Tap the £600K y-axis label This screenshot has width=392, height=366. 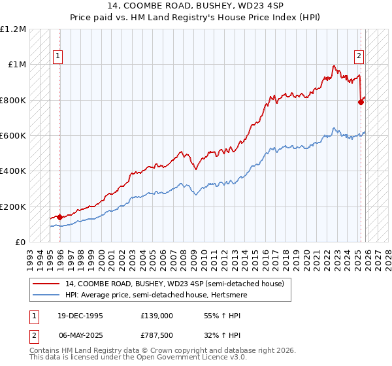pos(13,136)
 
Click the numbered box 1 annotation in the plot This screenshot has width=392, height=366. pos(59,57)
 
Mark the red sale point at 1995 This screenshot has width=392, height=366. pos(60,217)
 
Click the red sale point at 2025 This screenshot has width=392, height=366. pos(361,102)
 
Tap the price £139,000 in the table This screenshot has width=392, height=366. pos(157,316)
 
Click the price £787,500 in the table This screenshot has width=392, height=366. pos(157,337)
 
